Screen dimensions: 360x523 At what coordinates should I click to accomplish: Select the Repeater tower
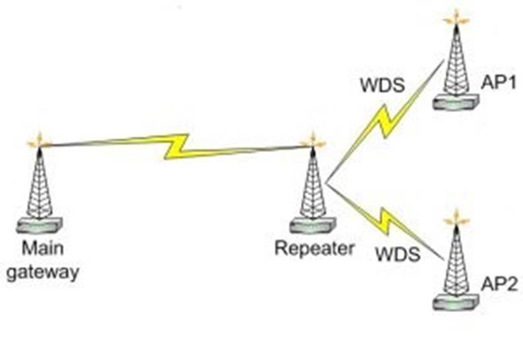[313, 188]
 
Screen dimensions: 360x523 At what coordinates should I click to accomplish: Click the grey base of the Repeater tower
[313, 226]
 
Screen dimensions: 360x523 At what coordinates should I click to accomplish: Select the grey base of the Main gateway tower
[40, 226]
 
